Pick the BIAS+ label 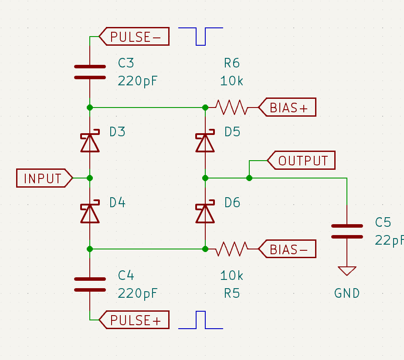pos(288,108)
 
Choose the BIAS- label pos(288,249)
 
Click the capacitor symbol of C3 pos(90,72)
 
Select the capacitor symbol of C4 pos(90,284)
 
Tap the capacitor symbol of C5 pos(347,232)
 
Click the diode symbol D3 pos(90,142)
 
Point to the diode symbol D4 pos(90,213)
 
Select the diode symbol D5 pos(205,142)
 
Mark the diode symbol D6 pos(205,213)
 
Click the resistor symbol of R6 pos(231,107)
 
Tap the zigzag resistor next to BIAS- pos(231,249)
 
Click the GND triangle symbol pos(347,271)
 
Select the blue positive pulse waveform pos(201,320)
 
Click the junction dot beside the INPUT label pos(90,178)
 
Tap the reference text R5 pos(232,293)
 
